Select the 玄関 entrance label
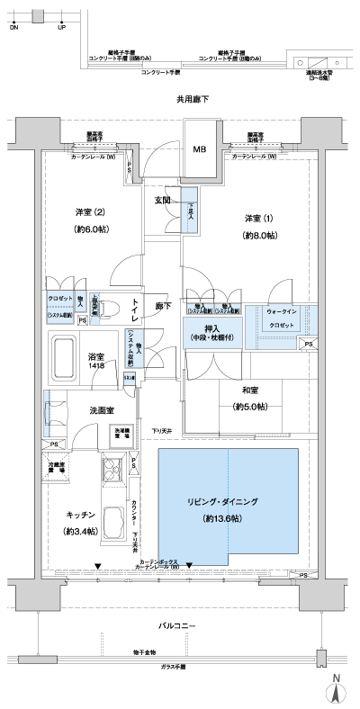(163, 200)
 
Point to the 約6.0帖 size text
(89, 228)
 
